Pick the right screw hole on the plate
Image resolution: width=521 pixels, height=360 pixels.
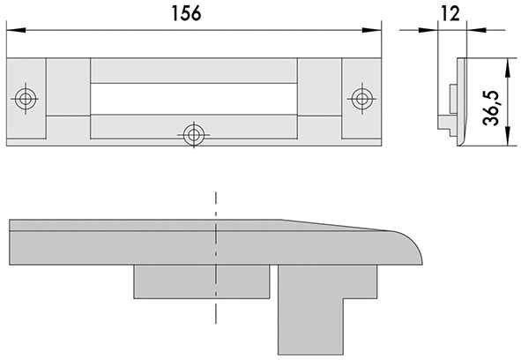[361, 96]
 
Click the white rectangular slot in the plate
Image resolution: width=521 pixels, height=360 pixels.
[193, 97]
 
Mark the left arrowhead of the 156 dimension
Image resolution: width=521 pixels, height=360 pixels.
[12, 31]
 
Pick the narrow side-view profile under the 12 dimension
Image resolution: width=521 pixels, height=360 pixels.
[458, 101]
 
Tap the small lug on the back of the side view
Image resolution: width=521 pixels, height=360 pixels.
[450, 99]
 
